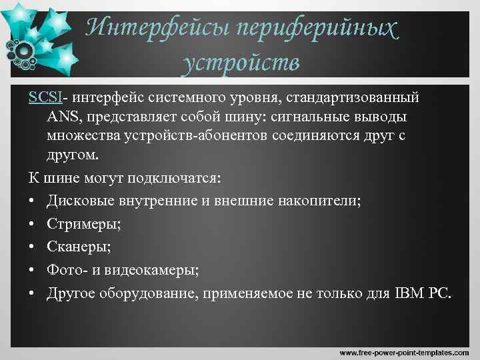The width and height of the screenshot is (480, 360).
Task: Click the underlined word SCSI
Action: (x=45, y=97)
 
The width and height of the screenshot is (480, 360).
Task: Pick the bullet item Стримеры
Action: (x=84, y=223)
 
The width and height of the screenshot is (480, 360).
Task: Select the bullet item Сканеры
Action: (x=79, y=247)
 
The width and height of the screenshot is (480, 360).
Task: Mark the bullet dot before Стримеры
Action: (x=33, y=224)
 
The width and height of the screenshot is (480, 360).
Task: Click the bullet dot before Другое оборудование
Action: (x=33, y=293)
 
